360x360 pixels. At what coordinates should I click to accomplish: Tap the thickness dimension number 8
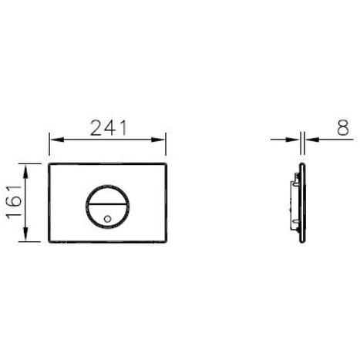coord(338,127)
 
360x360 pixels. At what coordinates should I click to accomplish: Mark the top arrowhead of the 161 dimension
coord(28,167)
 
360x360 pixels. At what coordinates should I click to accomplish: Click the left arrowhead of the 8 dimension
coord(296,140)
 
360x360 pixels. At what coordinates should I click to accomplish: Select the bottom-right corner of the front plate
coord(167,240)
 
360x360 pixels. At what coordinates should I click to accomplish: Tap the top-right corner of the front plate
coord(167,164)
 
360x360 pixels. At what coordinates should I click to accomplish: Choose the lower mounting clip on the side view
coord(293,223)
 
